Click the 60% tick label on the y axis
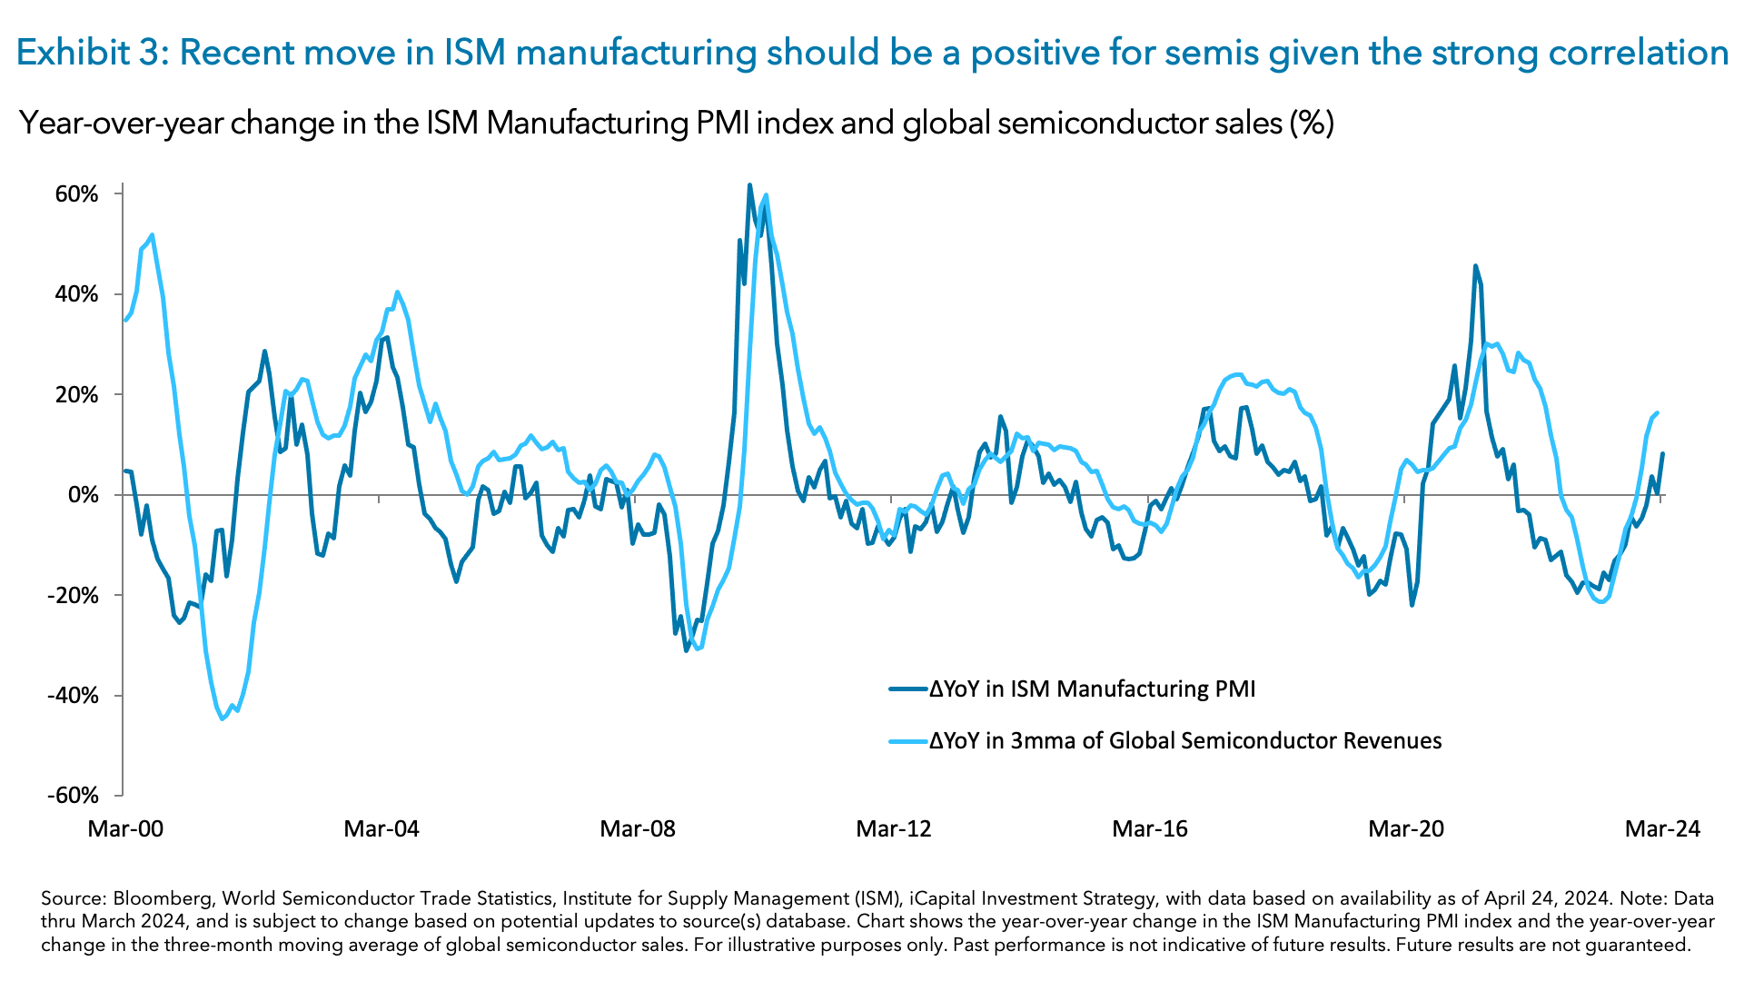(x=76, y=194)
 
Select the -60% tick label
(x=73, y=796)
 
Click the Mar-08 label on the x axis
(x=638, y=828)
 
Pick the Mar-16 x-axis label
(x=1150, y=828)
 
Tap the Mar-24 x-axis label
(x=1662, y=828)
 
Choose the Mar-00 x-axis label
(x=125, y=828)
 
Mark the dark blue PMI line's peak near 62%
(x=749, y=185)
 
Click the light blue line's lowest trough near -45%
(x=223, y=719)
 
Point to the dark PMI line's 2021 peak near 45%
(x=1475, y=266)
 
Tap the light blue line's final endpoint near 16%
(x=1658, y=413)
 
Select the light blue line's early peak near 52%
(x=152, y=234)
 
